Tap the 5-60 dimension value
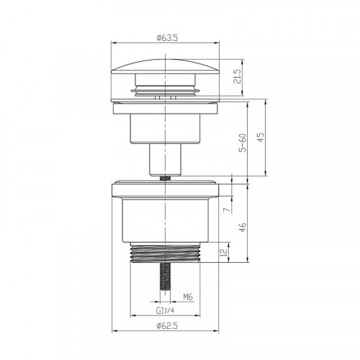tap(243, 142)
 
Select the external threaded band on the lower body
tap(165, 254)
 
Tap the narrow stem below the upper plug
tap(165, 156)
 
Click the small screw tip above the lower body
tap(165, 176)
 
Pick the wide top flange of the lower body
tap(165, 190)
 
